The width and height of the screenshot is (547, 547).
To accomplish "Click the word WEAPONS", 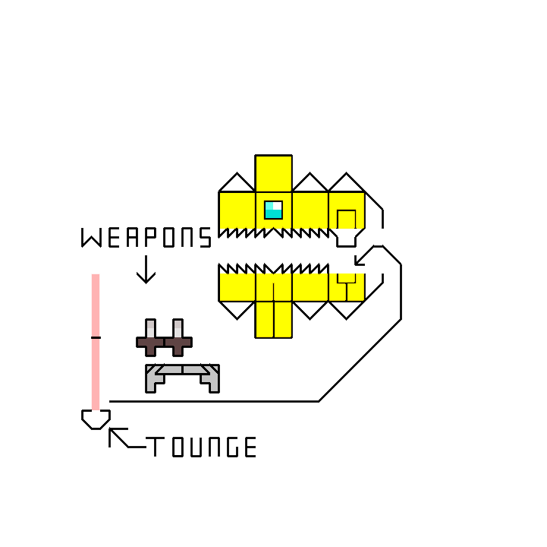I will (146, 238).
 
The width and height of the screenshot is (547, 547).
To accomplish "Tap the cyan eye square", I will (273, 210).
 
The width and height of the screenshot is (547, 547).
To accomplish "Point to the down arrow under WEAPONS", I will (146, 270).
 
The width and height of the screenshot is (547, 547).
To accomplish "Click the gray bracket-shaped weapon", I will (182, 376).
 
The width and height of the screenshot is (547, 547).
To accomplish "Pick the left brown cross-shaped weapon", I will (150, 339).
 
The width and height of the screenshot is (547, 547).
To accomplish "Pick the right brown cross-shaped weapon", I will (178, 339).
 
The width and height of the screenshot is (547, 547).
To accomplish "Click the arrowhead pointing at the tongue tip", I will (114, 434).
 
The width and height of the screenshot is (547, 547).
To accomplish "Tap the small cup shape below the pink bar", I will (96, 419).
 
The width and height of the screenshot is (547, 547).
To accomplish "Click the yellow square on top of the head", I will (273, 173).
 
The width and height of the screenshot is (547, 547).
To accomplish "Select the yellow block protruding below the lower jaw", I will (273, 319).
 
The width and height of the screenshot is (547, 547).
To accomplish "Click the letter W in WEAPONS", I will (91, 238).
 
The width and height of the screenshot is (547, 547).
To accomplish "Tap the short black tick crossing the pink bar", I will (96, 337).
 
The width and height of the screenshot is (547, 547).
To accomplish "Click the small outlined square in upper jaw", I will (346, 219).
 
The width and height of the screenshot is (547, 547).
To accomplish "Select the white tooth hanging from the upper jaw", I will (346, 238).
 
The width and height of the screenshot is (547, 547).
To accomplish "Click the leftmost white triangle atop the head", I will (237, 183).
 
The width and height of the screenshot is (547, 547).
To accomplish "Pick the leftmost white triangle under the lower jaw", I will (237, 308).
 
